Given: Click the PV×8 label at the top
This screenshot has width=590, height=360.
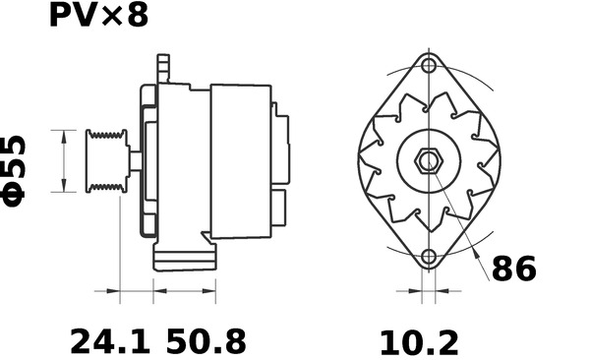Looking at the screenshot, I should click(x=98, y=16).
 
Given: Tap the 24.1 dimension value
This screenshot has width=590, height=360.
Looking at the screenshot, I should click(x=109, y=341).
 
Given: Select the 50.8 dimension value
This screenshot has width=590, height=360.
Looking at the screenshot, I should click(x=206, y=341).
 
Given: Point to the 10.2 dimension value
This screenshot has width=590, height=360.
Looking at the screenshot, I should click(x=419, y=341).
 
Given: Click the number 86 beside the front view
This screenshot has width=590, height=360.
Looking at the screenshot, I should click(x=513, y=269).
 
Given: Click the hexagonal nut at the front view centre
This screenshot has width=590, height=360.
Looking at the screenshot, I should click(x=429, y=160).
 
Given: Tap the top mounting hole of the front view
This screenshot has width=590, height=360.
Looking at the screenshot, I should click(x=429, y=66).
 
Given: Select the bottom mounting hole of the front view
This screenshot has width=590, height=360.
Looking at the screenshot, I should click(x=429, y=258).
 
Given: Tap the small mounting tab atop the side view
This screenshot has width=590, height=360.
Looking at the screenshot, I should click(x=162, y=69).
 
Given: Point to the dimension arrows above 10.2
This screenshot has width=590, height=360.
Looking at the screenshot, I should click(x=428, y=291).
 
